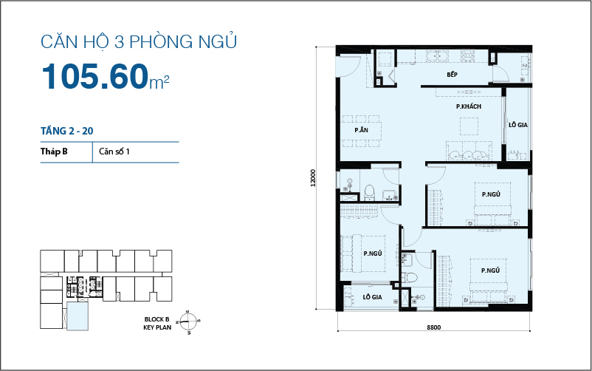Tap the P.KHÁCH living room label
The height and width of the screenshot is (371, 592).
click(x=469, y=107)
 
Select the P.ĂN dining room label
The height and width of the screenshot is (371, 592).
click(x=361, y=130)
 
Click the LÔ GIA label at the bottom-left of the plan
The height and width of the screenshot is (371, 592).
click(x=371, y=297)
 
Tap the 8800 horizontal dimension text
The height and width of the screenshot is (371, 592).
click(x=434, y=327)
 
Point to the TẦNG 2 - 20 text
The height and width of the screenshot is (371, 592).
click(x=66, y=131)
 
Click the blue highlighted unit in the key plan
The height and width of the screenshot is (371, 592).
click(x=77, y=317)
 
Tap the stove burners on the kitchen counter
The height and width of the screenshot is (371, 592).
click(x=467, y=55)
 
